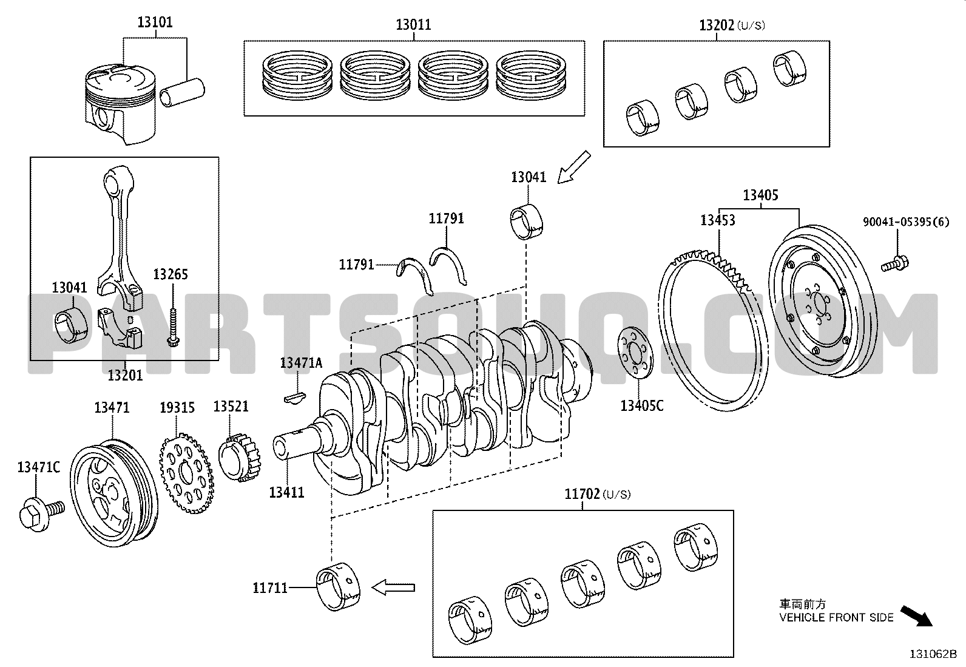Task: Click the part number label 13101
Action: pyautogui.click(x=155, y=22)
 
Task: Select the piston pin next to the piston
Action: pyautogui.click(x=182, y=92)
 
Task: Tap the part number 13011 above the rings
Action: pyautogui.click(x=414, y=25)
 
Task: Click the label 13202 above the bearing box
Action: pyautogui.click(x=716, y=25)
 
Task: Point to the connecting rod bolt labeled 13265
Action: pyautogui.click(x=173, y=327)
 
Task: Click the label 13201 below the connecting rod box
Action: pyautogui.click(x=125, y=375)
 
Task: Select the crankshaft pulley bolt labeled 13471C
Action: pyautogui.click(x=42, y=513)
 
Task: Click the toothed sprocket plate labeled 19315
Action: pyautogui.click(x=186, y=473)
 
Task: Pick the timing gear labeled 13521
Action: pyautogui.click(x=240, y=458)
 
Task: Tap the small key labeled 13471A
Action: pyautogui.click(x=295, y=398)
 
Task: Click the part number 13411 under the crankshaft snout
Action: pyautogui.click(x=287, y=492)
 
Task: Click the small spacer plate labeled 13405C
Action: pyautogui.click(x=635, y=353)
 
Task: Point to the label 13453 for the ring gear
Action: pyautogui.click(x=718, y=220)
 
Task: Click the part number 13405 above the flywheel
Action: pyautogui.click(x=761, y=195)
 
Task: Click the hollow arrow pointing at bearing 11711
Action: pyautogui.click(x=393, y=587)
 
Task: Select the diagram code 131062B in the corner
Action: pyautogui.click(x=933, y=654)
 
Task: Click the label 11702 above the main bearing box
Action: pyautogui.click(x=582, y=494)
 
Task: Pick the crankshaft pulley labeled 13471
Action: pyautogui.click(x=114, y=493)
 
